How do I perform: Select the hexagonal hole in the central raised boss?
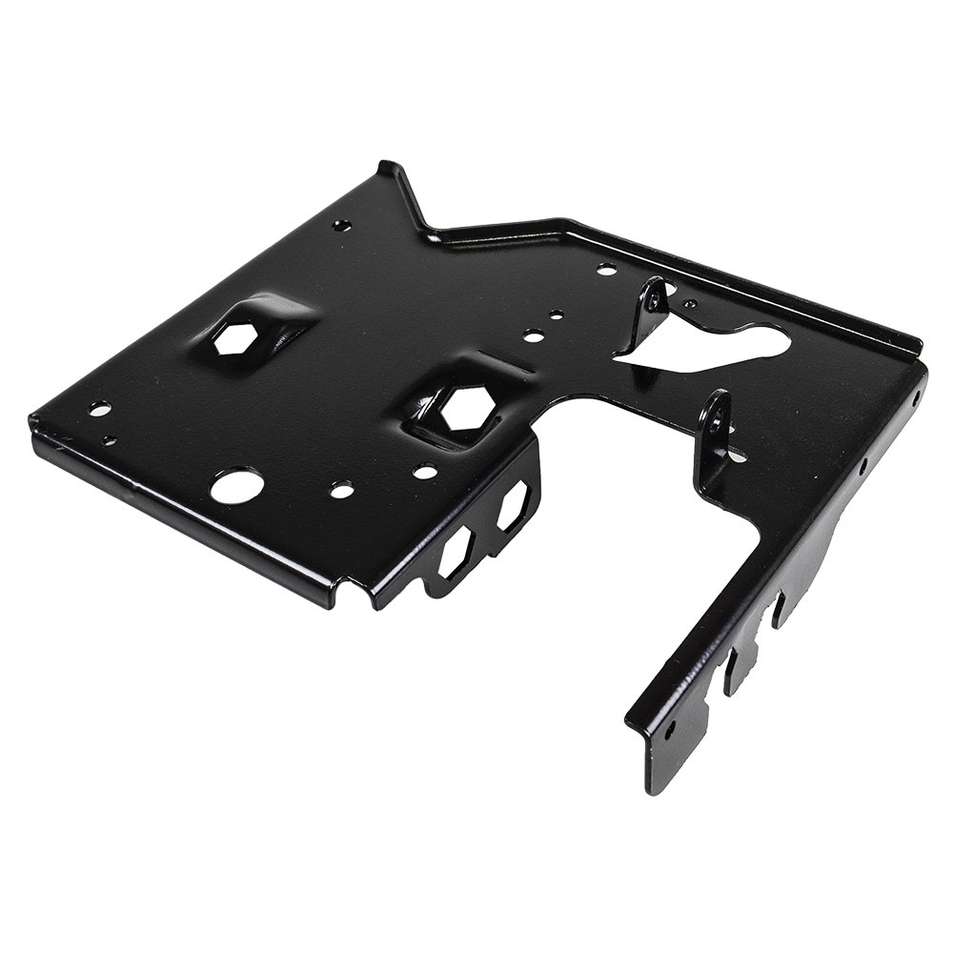click(468, 409)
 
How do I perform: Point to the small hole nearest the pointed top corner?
click(341, 226)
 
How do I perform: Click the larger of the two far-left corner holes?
click(99, 410)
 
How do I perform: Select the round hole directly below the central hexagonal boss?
click(426, 472)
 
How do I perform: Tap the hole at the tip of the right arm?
click(670, 732)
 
